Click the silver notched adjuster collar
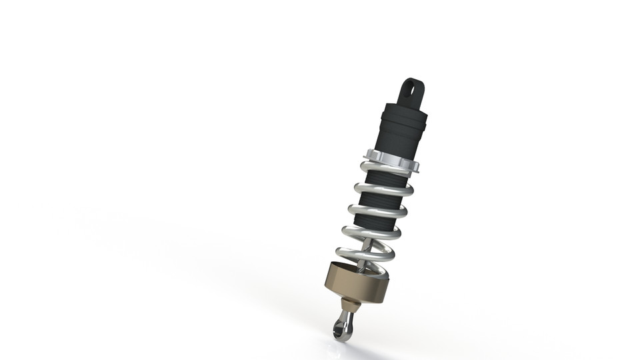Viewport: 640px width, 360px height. click(394, 161)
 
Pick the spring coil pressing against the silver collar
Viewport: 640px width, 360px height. click(385, 169)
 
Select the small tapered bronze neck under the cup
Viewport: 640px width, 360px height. click(351, 305)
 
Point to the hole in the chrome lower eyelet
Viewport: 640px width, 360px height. click(341, 327)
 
